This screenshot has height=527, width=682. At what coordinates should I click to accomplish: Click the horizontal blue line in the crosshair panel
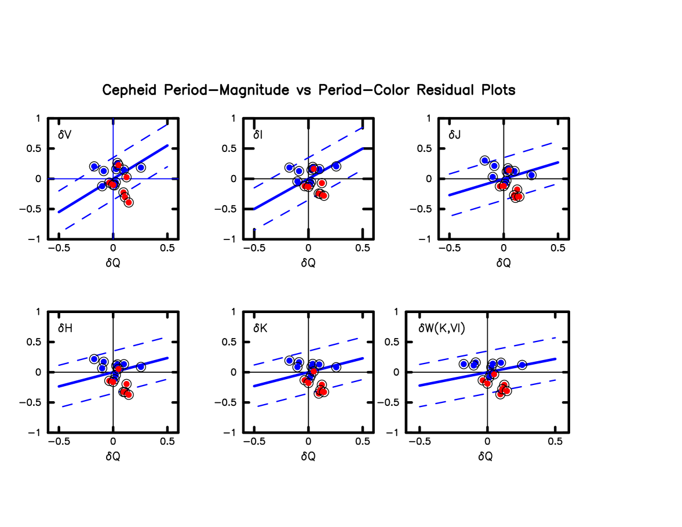[64, 179]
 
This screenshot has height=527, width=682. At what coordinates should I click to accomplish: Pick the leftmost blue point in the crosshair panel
[94, 166]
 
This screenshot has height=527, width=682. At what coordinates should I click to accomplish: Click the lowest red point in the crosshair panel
[129, 202]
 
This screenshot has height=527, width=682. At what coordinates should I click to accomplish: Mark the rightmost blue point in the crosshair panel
[141, 168]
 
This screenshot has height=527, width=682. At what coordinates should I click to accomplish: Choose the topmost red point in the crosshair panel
[118, 165]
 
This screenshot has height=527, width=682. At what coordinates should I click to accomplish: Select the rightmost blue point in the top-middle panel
[336, 166]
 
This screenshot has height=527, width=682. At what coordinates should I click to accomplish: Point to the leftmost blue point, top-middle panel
[290, 168]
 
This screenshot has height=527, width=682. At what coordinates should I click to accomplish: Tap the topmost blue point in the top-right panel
[485, 161]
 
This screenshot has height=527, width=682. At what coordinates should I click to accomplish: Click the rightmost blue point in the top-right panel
[531, 175]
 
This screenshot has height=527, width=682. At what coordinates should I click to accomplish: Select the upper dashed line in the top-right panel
[533, 148]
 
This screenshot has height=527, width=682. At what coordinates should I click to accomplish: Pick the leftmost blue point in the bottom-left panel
[94, 359]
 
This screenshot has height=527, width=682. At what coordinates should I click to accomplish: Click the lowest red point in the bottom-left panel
[129, 395]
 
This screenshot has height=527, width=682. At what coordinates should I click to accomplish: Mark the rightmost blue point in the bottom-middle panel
[336, 367]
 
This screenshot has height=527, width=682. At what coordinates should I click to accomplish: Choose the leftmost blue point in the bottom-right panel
[464, 364]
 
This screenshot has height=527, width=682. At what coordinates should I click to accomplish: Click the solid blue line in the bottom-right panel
[440, 381]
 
